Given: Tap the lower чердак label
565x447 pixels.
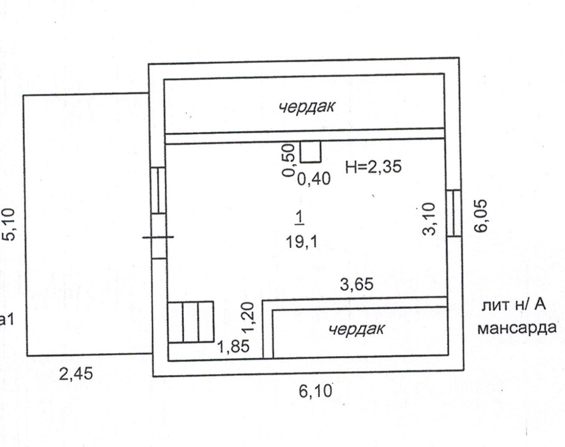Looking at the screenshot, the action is [x=357, y=329].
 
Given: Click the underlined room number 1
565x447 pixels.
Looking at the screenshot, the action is [x=299, y=217].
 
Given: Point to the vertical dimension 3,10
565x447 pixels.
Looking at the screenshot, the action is [x=430, y=218].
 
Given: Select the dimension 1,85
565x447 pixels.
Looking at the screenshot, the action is [x=233, y=346].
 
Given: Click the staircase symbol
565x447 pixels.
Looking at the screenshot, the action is [x=191, y=322].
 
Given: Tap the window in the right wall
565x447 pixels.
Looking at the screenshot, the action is [x=453, y=214].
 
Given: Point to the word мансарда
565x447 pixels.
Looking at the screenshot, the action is [x=517, y=329].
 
